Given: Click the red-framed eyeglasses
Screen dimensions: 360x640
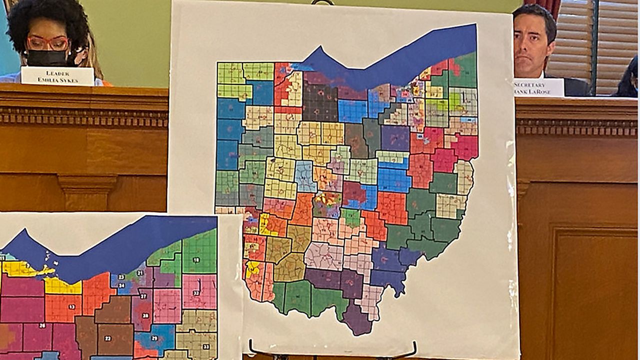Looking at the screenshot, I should tap(47, 43).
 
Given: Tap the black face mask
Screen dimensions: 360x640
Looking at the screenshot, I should tap(47, 58).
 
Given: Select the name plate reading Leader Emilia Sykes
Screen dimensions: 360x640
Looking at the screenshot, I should tap(57, 76).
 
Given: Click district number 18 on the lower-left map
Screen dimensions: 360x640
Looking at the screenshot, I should tap(196, 260).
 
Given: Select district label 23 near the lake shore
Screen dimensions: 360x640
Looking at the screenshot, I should tap(121, 276).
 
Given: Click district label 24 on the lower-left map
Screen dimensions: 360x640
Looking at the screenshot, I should tap(121, 285).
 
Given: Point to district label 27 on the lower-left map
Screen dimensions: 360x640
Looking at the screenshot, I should tap(143, 296).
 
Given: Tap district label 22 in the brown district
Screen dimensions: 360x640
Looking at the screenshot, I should tap(107, 338).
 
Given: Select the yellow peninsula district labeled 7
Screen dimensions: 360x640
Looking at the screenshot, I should tap(22, 269).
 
